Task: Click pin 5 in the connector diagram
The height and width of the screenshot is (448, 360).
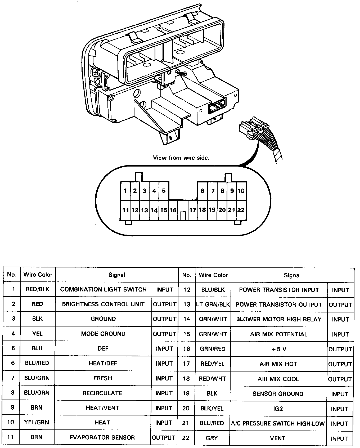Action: [164, 191]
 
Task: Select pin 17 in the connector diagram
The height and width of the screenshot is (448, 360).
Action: [192, 210]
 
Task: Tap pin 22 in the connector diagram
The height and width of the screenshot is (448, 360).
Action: [241, 210]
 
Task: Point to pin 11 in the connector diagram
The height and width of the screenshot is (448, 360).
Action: [125, 210]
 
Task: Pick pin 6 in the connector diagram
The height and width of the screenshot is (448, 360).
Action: [202, 191]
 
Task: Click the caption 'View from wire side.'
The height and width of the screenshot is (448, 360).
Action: [181, 158]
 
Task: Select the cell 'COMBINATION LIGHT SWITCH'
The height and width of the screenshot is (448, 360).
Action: [103, 289]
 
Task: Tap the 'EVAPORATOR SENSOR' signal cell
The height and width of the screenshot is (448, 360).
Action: [102, 437]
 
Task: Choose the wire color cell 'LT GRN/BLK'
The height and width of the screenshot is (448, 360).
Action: [213, 304]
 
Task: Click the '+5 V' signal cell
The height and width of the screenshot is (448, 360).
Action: [279, 349]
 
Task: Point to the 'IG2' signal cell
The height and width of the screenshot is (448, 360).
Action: [278, 409]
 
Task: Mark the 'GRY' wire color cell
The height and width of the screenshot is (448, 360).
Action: [212, 438]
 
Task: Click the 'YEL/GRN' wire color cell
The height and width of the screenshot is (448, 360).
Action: [37, 423]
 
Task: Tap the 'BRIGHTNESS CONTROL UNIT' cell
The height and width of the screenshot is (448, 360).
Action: [103, 304]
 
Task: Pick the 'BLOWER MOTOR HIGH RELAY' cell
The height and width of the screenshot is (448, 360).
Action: [279, 319]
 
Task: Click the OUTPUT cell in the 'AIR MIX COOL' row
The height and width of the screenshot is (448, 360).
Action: [340, 379]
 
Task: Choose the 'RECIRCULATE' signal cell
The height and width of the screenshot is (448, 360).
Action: [102, 393]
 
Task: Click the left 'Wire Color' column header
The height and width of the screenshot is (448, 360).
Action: [38, 275]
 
